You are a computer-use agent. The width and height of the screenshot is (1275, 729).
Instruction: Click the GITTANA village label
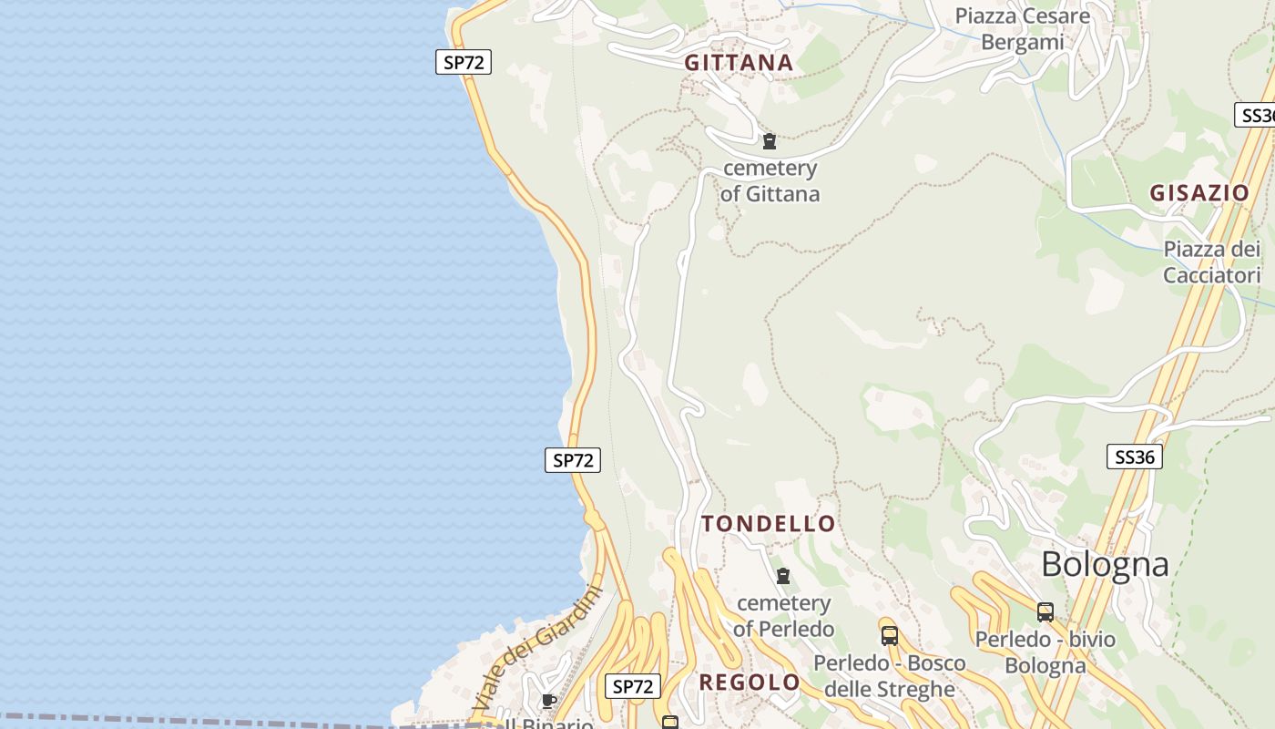point(739,63)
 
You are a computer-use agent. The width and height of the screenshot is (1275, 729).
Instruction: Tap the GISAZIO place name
point(1198,193)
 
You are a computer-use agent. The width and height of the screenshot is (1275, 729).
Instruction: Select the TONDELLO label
point(768,524)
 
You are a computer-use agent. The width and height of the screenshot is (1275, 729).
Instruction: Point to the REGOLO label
point(749,683)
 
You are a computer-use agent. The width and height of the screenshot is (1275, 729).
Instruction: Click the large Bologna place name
point(1105,564)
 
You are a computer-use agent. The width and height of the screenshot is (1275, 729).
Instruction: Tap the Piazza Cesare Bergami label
point(1022,29)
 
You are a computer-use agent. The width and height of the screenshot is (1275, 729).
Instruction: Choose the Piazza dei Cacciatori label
point(1211,262)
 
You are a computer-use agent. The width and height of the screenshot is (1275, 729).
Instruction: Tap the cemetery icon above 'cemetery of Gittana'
point(770,141)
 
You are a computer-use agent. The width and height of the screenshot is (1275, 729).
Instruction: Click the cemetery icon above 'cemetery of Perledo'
point(783,576)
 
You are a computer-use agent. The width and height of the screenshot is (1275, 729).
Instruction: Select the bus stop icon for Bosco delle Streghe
point(889,636)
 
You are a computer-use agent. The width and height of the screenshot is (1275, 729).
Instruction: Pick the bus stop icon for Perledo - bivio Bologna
point(1045,612)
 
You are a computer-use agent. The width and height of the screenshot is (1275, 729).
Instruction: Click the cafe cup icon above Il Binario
point(548,701)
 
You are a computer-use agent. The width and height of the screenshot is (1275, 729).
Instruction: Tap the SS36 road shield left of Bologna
point(1135,457)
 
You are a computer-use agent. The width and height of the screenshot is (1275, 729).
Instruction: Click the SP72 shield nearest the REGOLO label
point(633,686)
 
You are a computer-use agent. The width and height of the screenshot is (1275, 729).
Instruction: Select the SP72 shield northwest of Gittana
point(464,63)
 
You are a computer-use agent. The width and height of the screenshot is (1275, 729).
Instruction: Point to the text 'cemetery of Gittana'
point(770,180)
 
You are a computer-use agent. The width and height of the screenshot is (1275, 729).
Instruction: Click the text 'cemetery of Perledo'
point(783,616)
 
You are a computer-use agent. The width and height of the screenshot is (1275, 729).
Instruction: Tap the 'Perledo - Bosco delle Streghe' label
point(889,675)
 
